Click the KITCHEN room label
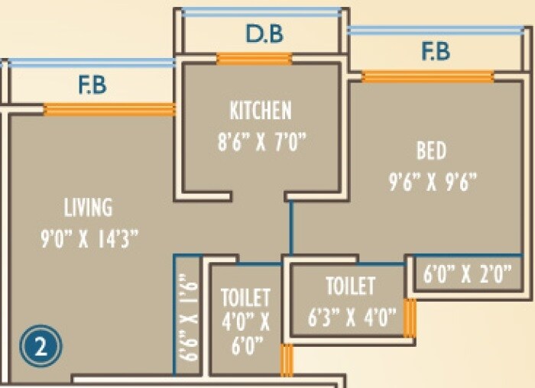tap(261, 110)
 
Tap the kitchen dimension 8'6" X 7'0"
tap(261, 141)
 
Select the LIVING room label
tap(88, 207)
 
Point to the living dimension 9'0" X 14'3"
tap(89, 238)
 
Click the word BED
tap(431, 150)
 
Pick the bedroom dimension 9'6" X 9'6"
tap(433, 183)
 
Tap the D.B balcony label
tap(264, 34)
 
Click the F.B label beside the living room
tap(92, 85)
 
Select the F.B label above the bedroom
tap(436, 51)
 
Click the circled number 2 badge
tap(41, 346)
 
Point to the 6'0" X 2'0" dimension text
tap(467, 273)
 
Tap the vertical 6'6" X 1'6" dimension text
tap(188, 317)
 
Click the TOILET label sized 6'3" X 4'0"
tap(350, 286)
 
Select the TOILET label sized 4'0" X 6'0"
tap(245, 298)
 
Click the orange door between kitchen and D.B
tap(255, 59)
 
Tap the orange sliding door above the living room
tap(109, 109)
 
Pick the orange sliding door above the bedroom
tap(427, 76)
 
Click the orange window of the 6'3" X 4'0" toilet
tap(410, 318)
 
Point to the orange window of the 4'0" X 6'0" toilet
tap(287, 360)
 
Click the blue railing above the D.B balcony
tap(261, 13)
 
